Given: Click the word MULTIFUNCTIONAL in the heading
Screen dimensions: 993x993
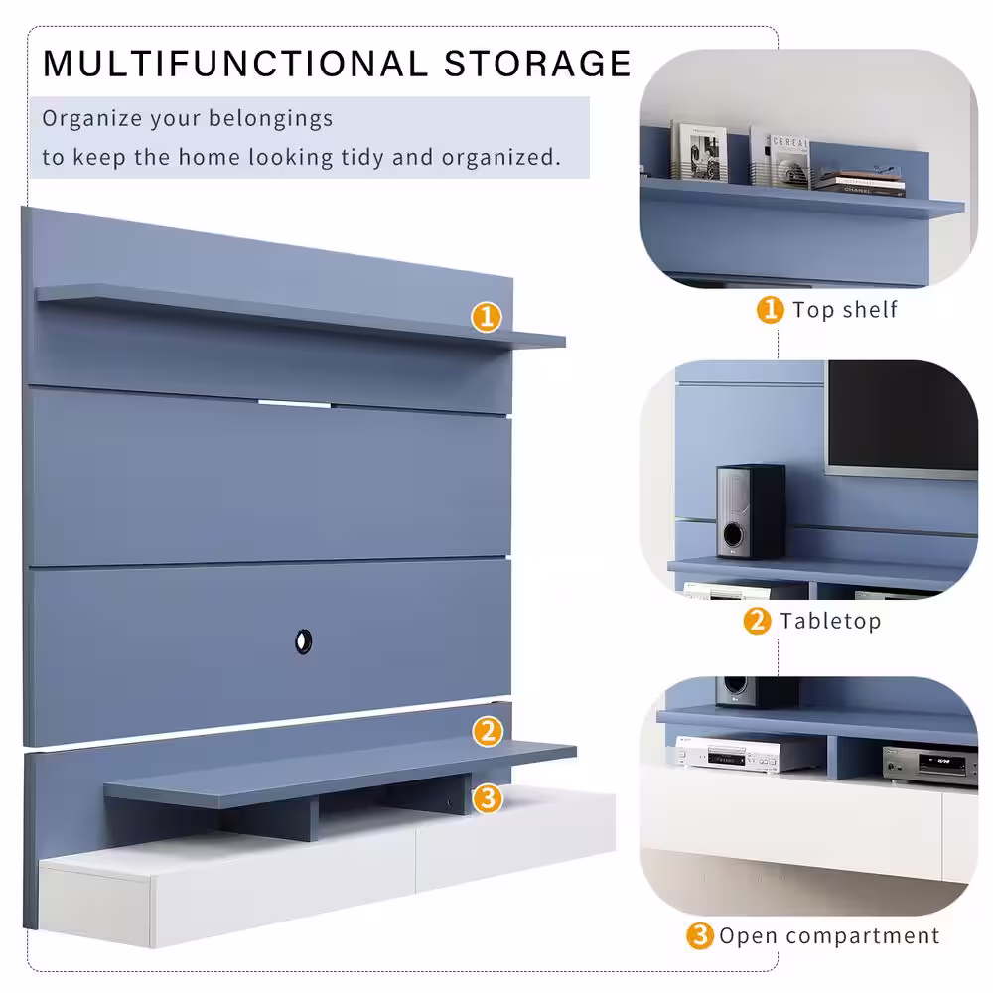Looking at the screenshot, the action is (235, 64).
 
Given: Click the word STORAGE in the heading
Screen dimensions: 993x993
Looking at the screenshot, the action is (537, 64).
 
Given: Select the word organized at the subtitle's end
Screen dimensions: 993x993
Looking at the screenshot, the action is (500, 157).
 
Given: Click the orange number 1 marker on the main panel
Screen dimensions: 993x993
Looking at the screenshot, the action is (487, 317).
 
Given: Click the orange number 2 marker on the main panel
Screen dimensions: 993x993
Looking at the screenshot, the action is (488, 732).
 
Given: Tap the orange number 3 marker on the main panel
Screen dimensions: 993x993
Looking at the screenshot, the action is (488, 798).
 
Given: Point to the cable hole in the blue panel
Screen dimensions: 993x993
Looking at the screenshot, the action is (303, 641).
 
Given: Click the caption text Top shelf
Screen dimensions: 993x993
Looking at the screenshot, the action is (845, 310).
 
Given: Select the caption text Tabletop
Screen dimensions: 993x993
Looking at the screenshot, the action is (830, 621).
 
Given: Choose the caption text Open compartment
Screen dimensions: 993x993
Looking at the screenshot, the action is (829, 936).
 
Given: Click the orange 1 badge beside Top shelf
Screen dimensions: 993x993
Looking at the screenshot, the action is (771, 310).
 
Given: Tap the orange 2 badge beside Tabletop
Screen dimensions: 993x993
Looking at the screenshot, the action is (757, 621).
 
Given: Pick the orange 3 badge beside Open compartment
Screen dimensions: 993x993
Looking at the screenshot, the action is (700, 935).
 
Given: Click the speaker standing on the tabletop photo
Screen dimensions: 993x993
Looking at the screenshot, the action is (751, 511).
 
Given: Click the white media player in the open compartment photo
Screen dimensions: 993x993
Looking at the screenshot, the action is (728, 755).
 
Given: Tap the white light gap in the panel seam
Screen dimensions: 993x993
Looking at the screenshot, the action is (294, 403).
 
